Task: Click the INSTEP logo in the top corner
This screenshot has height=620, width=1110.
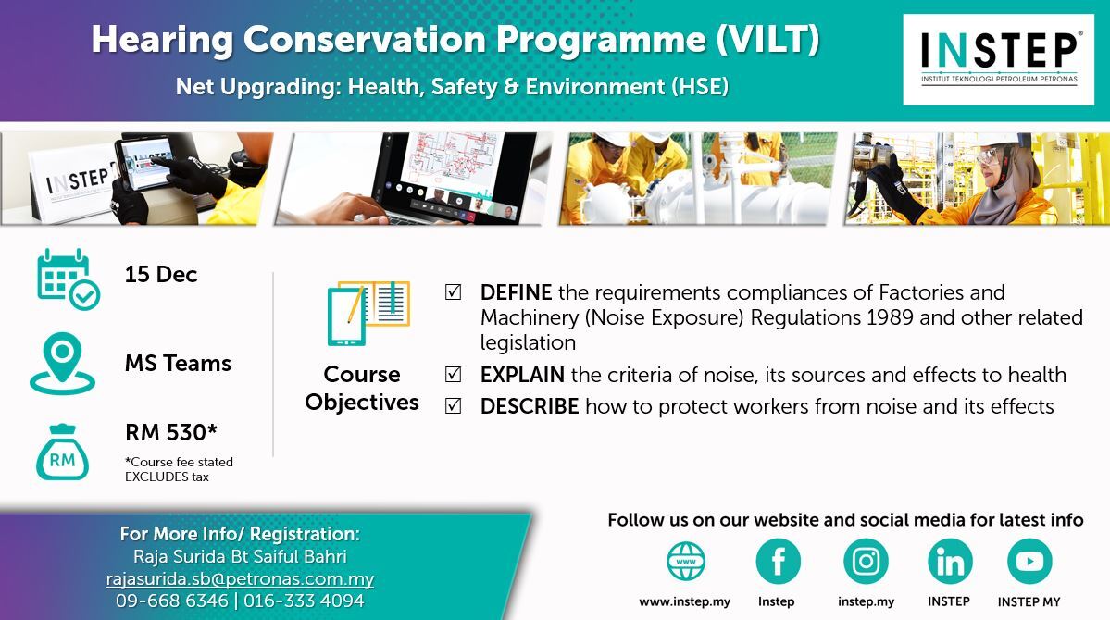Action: point(998,59)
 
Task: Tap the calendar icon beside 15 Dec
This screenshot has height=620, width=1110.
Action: point(68,279)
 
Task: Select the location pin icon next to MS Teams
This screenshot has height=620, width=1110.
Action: point(62,363)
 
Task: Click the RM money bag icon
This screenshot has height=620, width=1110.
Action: point(62,453)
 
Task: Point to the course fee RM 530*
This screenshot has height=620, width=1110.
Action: point(171,432)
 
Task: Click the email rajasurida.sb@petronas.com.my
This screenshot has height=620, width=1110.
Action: point(240,579)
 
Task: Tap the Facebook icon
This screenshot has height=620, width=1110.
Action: point(778,562)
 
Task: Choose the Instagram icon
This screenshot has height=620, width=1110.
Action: point(866,562)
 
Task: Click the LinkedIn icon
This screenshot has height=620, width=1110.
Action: point(950,562)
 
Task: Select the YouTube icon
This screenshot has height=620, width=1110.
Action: point(1029,562)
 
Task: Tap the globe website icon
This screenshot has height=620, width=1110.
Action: point(686,562)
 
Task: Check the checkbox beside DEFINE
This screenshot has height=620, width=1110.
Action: point(453,292)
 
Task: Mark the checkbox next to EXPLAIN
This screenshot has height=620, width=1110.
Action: point(453,375)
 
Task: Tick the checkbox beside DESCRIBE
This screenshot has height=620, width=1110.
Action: point(453,406)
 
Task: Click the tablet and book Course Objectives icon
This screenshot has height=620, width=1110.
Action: point(368,313)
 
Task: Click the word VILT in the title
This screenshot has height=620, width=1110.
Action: point(768,39)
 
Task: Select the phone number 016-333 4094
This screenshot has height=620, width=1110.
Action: point(304,601)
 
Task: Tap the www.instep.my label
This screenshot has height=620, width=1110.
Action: point(684,601)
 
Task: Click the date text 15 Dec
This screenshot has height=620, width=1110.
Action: point(161,275)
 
